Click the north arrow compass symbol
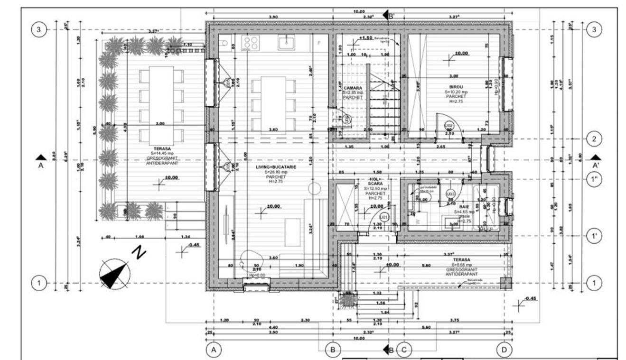click(x=115, y=275)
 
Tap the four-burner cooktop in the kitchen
click(x=250, y=43)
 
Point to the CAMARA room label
click(x=353, y=88)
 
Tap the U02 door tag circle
click(x=448, y=125)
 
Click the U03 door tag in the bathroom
click(x=450, y=194)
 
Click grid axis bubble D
click(x=504, y=350)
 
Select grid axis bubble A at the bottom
click(x=214, y=350)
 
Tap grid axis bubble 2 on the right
click(x=593, y=139)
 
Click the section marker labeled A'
click(x=596, y=161)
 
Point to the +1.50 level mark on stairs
click(x=365, y=38)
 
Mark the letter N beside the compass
click(x=140, y=253)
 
